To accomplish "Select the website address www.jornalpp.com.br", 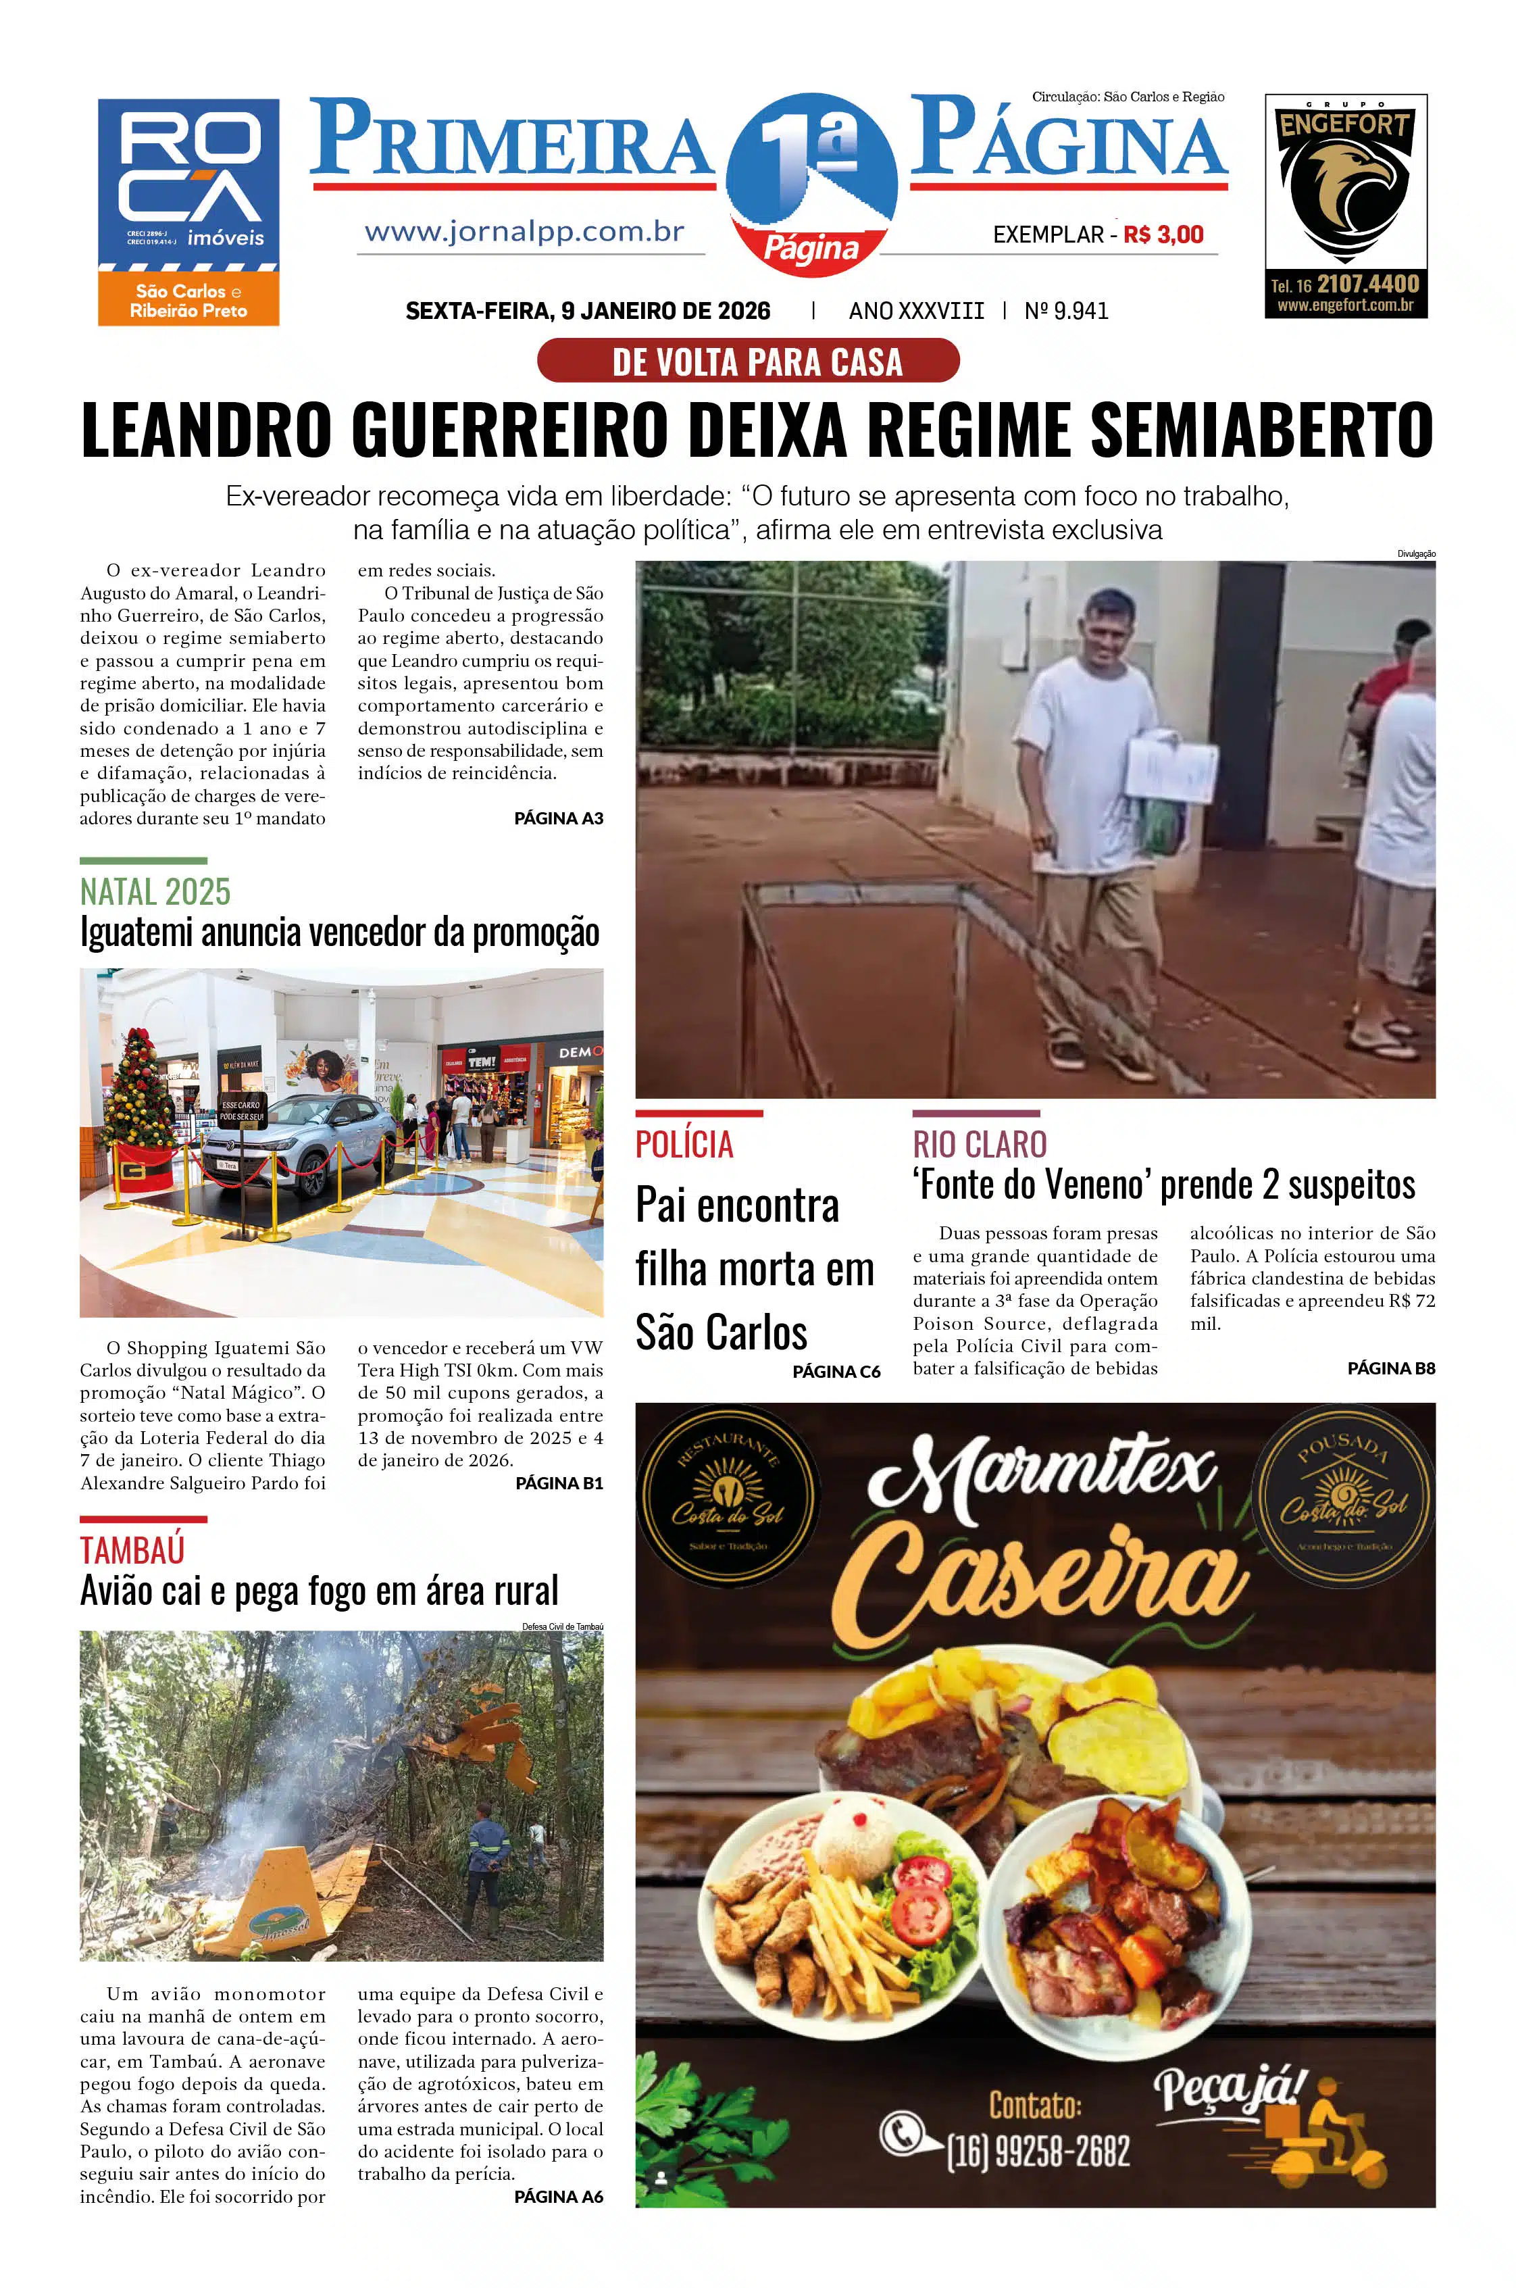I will click(524, 232).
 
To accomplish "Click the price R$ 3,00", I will click(1163, 235).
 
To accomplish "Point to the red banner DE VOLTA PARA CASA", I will click(749, 361).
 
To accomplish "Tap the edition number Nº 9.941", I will click(1067, 310).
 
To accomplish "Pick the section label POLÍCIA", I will click(684, 1145).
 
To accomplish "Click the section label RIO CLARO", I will click(980, 1145).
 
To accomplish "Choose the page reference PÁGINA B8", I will click(1391, 1368).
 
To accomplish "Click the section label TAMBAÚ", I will click(132, 1550).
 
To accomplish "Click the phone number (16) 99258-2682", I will click(1038, 2152).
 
